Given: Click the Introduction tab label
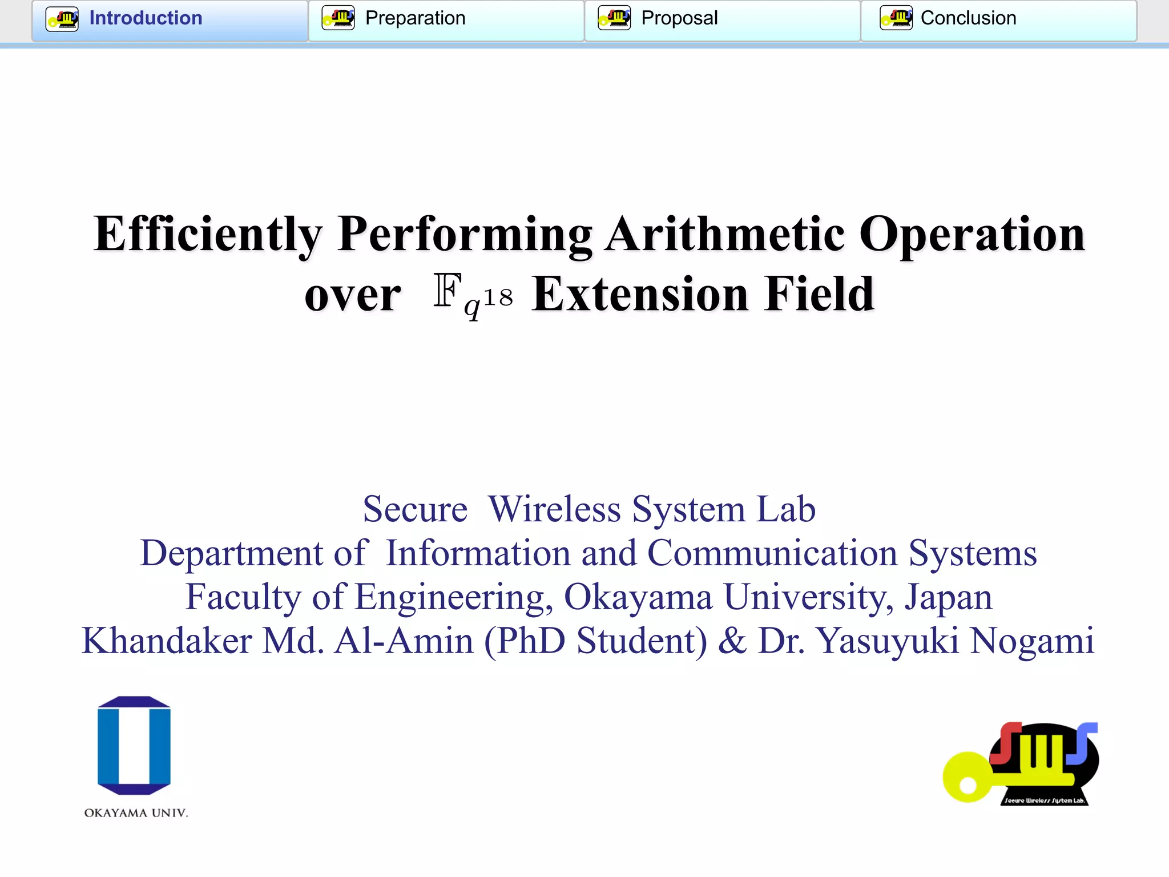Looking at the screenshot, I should pos(146,18).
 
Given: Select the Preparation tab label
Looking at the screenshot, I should pos(415,18).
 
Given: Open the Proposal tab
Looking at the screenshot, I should pos(679,18).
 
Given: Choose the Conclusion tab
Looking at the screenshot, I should pos(968,18).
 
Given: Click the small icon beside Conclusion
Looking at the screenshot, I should pos(896,18).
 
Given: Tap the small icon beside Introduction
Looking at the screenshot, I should pos(62,18).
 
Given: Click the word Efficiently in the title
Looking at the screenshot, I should pos(208,234).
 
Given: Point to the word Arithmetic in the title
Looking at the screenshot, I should pos(725,234).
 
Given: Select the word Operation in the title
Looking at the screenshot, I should pos(972,234).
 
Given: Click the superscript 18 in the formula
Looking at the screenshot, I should pos(498,297).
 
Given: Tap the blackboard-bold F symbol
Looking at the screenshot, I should pos(447,291).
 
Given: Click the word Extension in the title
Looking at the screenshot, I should pos(640,294).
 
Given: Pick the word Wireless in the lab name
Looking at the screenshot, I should pos(554,509).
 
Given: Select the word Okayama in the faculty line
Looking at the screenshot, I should pos(638,597).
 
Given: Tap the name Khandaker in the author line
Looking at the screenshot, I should pos(167,641).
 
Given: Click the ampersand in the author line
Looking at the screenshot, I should pos(732,641).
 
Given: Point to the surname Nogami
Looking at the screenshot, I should pos(1032,641).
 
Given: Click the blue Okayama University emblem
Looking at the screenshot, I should pos(134,745).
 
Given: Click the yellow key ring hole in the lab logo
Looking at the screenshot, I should pos(968,785).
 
